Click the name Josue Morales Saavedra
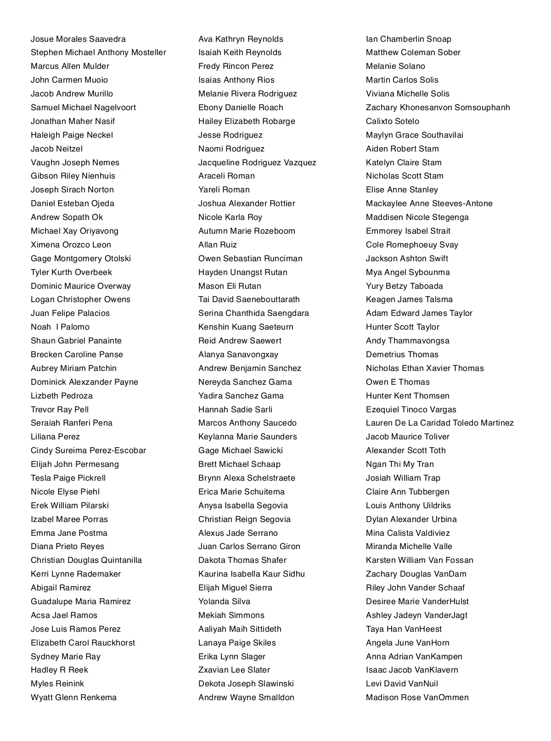coord(78,39)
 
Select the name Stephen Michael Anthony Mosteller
coord(98,52)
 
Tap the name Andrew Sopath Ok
coord(67,217)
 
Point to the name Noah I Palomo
coord(60,327)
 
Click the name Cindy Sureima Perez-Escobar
coord(88,450)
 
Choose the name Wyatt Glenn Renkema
coord(73,697)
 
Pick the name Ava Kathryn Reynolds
coord(241,39)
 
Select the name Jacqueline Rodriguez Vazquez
coord(257,163)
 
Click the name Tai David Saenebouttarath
coord(249,299)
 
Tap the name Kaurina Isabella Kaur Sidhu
coord(251,574)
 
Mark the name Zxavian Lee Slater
coord(234,670)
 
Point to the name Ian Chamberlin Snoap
coord(408,39)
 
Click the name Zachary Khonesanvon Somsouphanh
coord(438,107)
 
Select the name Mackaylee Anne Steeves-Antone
coord(429,203)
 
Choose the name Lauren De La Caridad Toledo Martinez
coord(439,423)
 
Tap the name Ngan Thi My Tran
coord(399,464)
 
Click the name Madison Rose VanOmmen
coord(417,697)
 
